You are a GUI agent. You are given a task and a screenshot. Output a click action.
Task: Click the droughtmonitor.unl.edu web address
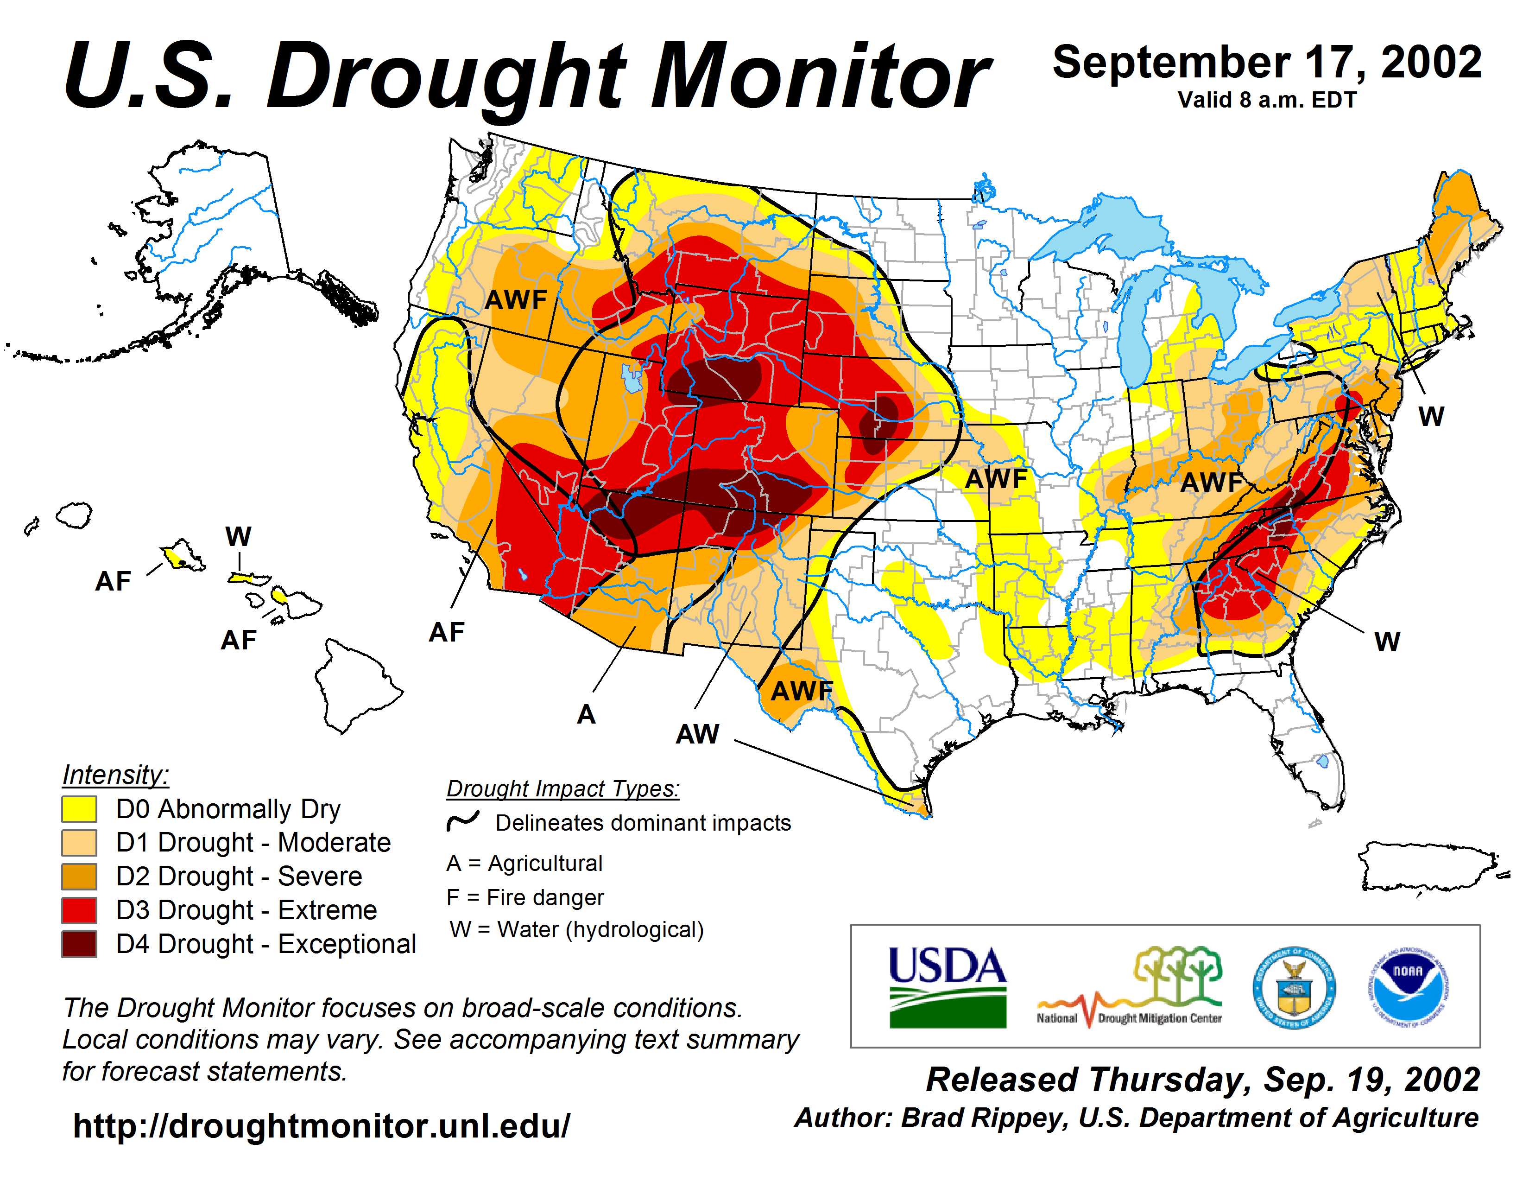click(x=322, y=1126)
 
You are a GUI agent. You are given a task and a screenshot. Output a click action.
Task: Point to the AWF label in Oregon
click(x=516, y=300)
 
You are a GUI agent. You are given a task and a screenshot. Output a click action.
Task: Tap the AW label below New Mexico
click(x=697, y=734)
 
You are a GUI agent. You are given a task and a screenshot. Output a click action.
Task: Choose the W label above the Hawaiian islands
click(x=238, y=536)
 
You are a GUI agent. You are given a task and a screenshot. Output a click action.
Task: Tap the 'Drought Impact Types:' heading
click(x=563, y=788)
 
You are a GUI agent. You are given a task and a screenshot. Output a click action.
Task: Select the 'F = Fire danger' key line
click(x=524, y=897)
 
